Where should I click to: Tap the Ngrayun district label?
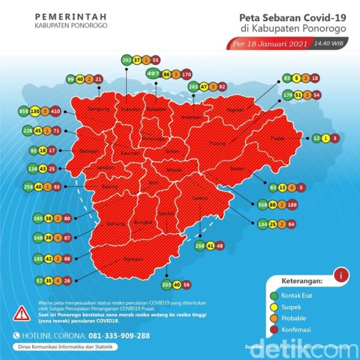point(135,260)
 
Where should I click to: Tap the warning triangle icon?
point(21,312)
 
